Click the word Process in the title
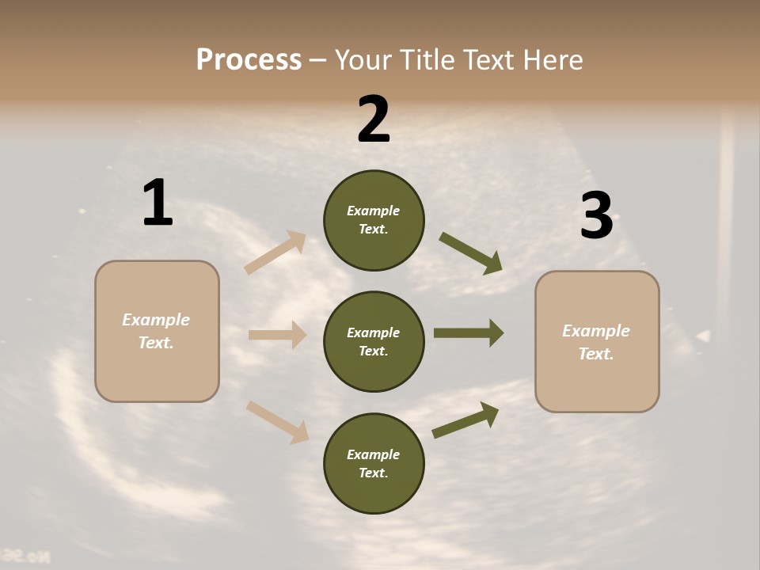(x=249, y=60)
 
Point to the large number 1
(x=158, y=203)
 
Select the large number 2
(x=374, y=120)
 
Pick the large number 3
(x=596, y=216)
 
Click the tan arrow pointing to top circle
(x=275, y=253)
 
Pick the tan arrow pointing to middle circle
(x=277, y=335)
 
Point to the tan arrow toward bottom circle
(x=276, y=421)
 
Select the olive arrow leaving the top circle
(x=470, y=253)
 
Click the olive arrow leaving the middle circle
(x=468, y=332)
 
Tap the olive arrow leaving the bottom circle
(x=465, y=420)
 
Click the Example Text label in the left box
(x=156, y=331)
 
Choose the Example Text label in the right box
(x=596, y=342)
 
